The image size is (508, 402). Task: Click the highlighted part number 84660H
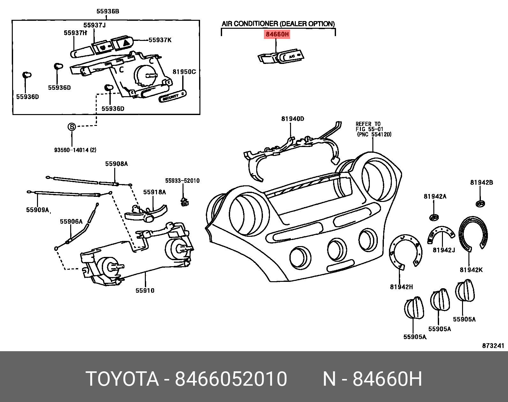coord(277,34)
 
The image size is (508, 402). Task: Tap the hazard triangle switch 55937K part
coord(122,43)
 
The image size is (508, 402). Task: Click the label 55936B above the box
coord(108,12)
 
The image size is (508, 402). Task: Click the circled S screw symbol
coord(72,127)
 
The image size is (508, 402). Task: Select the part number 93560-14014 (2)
coord(75,150)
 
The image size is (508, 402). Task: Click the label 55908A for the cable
coord(116,164)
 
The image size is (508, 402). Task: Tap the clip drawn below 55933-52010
coord(184,202)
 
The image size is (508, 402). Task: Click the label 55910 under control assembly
coord(145,290)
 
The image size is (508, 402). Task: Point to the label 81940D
coord(293,119)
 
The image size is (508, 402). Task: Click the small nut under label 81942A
coord(434,218)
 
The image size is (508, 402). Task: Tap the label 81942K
coord(471,270)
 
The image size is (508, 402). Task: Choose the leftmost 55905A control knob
coord(414,308)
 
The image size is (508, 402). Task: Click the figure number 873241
coord(493,346)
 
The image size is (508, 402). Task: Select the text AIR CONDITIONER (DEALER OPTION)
coord(278,24)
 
